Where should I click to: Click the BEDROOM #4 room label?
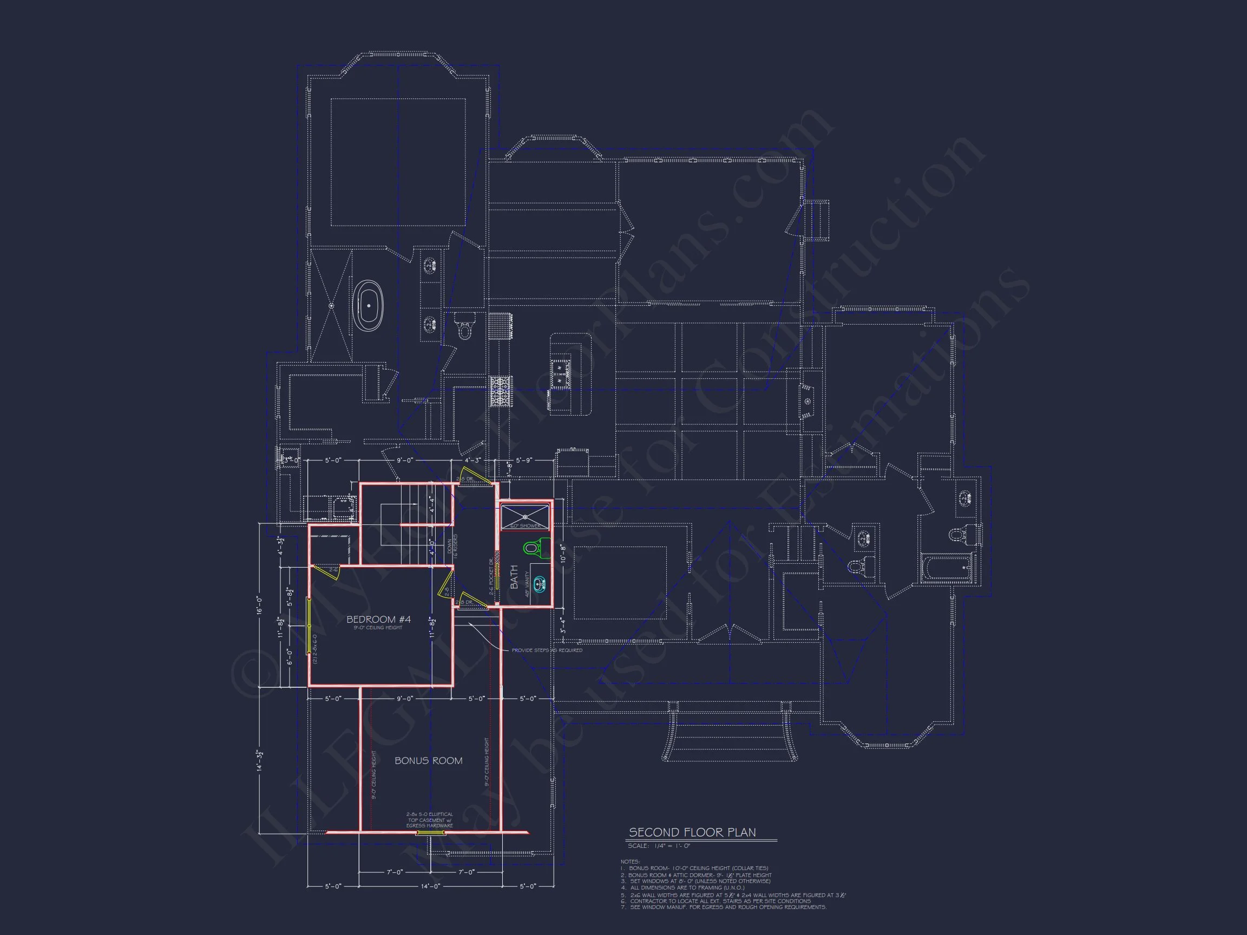pyautogui.click(x=378, y=620)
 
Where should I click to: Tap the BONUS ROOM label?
pyautogui.click(x=429, y=761)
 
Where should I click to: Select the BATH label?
pyautogui.click(x=514, y=577)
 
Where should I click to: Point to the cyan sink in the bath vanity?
pyautogui.click(x=540, y=584)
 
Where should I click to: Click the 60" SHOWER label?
pyautogui.click(x=525, y=526)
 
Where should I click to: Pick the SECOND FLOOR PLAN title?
pyautogui.click(x=692, y=832)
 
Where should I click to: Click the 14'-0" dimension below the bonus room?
pyautogui.click(x=430, y=886)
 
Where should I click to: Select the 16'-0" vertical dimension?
pyautogui.click(x=259, y=605)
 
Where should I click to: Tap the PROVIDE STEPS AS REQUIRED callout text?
pyautogui.click(x=547, y=650)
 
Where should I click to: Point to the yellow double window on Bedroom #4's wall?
pyautogui.click(x=309, y=626)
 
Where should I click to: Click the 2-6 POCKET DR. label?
pyautogui.click(x=491, y=577)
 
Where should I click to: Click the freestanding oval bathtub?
pyautogui.click(x=369, y=306)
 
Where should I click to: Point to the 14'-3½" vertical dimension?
pyautogui.click(x=259, y=760)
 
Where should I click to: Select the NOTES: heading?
pyautogui.click(x=630, y=862)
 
